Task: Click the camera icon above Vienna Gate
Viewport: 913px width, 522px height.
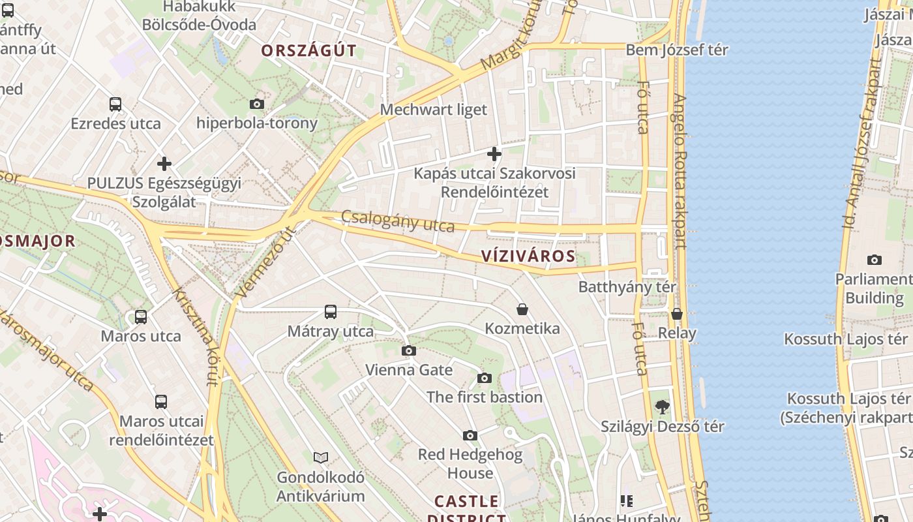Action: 409,351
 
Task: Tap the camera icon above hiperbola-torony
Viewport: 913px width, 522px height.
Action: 257,104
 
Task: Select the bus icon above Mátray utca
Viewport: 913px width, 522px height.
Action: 331,312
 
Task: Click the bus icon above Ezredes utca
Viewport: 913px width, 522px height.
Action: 115,104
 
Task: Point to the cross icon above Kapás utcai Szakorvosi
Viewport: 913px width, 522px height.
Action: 494,154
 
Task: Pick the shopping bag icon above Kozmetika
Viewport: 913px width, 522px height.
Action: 522,309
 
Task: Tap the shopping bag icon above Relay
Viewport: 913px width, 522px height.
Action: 677,314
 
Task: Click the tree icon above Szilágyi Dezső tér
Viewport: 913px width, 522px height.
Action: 662,407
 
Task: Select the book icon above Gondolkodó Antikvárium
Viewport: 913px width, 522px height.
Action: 320,457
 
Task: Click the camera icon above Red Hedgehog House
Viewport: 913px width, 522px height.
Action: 470,435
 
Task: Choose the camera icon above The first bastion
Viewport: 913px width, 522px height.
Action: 484,378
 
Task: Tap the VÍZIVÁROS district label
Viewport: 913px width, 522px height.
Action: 529,256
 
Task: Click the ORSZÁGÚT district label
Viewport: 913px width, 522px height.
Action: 309,50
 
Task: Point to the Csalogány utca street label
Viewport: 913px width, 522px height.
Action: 398,222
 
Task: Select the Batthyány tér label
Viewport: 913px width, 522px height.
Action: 627,286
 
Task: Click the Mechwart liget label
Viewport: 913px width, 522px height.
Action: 434,109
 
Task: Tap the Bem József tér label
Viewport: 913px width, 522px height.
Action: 677,50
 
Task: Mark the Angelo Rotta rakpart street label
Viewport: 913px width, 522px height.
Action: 680,171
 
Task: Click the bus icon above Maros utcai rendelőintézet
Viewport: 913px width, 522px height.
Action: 161,402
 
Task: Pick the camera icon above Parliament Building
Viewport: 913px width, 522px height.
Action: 875,260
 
